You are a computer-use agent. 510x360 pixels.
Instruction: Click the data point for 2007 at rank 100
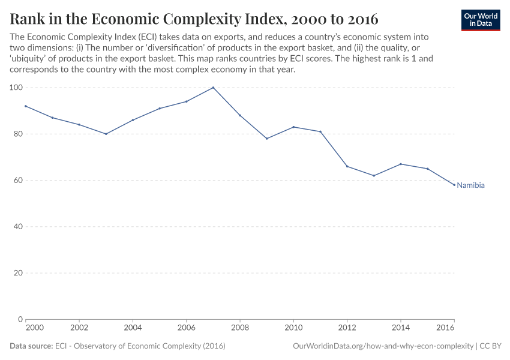[213, 88]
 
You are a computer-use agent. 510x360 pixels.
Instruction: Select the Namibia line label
[470, 185]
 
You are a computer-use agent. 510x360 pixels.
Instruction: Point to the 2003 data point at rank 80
[106, 134]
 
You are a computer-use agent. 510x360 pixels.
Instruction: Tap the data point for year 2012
[347, 166]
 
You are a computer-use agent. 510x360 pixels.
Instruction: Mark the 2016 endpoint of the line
[454, 185]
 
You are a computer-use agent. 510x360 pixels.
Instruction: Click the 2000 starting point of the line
[26, 106]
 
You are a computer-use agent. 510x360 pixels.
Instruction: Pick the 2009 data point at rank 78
[266, 139]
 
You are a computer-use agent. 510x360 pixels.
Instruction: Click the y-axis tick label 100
[16, 88]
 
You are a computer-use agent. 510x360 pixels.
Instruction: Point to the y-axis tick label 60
[18, 181]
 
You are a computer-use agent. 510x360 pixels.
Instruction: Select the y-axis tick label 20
[18, 273]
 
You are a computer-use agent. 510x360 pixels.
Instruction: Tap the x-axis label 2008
[240, 329]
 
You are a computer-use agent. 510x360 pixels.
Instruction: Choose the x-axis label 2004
[133, 329]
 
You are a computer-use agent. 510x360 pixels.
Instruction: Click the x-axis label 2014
[401, 329]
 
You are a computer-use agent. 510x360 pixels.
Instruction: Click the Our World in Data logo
[480, 20]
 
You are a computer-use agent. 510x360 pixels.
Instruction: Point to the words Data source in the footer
[31, 346]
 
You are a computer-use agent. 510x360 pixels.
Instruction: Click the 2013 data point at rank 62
[374, 176]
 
